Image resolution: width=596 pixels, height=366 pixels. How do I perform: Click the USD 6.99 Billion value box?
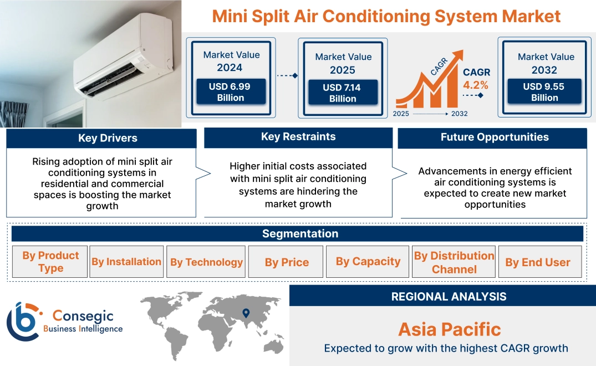(x=231, y=92)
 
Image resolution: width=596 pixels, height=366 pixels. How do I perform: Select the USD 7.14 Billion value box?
(x=343, y=93)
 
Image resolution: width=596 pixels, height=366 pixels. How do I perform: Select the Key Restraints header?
(x=298, y=137)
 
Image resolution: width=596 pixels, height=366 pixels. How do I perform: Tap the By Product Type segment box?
(x=50, y=262)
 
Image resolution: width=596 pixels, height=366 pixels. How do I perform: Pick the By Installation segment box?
(x=126, y=262)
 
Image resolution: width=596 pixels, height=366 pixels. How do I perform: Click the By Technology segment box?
(x=206, y=262)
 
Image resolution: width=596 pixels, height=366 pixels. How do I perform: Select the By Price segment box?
(x=287, y=262)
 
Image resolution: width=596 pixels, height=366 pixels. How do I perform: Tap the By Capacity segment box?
(x=368, y=262)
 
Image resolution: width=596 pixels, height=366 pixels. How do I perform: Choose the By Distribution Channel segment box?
(x=454, y=262)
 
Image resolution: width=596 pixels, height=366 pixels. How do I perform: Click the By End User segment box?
(x=538, y=262)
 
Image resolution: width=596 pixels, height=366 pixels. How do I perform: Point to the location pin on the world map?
(x=246, y=314)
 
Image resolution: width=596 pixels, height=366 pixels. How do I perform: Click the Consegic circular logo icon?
(x=22, y=321)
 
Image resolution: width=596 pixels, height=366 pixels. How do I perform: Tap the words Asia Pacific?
(x=449, y=329)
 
